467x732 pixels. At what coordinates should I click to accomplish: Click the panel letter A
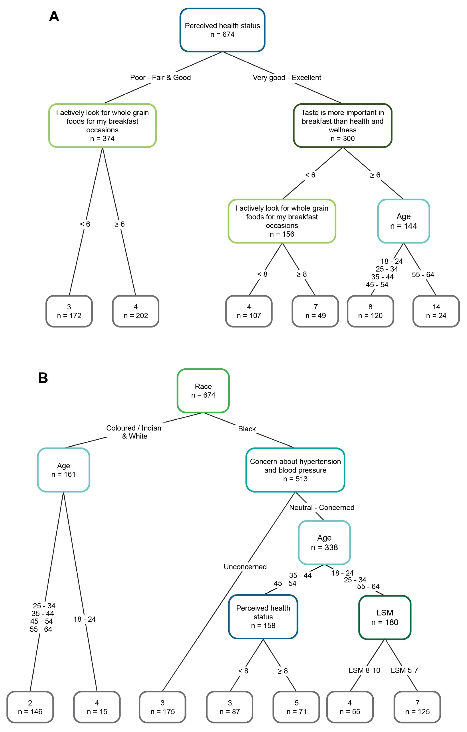[54, 16]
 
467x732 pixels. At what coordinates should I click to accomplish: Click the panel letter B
[43, 378]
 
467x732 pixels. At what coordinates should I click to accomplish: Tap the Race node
[203, 391]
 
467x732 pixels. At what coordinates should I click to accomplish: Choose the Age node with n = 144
[404, 221]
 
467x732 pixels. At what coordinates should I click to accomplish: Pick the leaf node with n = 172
[69, 311]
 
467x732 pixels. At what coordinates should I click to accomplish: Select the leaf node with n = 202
[135, 311]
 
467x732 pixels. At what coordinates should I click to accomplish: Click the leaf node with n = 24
[436, 311]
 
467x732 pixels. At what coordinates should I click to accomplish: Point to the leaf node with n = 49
[315, 311]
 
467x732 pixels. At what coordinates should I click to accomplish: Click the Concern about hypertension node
[295, 470]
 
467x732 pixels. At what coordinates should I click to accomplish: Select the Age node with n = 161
[63, 470]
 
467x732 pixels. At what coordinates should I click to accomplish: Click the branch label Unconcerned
[245, 567]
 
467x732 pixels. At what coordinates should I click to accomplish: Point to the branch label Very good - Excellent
[287, 78]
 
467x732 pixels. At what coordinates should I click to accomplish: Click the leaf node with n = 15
[97, 707]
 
